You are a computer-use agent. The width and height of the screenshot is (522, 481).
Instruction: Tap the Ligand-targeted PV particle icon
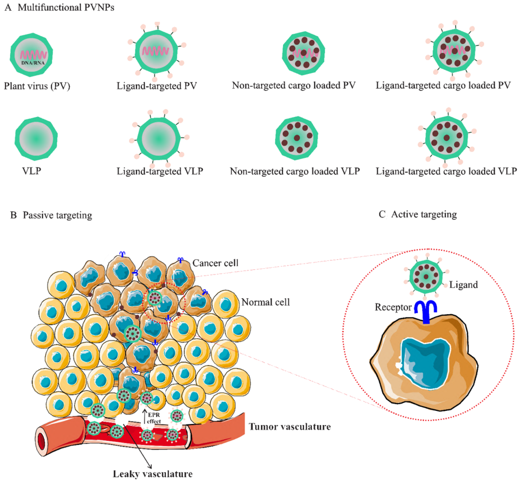pyautogui.click(x=156, y=51)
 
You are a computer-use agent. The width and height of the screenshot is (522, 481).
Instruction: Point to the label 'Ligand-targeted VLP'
pyautogui.click(x=160, y=171)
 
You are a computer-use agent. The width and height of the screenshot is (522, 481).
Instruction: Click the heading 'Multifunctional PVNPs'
pyautogui.click(x=66, y=8)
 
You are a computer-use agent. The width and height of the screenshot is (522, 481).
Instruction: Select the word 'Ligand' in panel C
pyautogui.click(x=463, y=285)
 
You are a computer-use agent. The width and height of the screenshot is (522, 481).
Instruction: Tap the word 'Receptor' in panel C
pyautogui.click(x=393, y=307)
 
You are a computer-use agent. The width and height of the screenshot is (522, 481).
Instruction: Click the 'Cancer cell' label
pyautogui.click(x=215, y=263)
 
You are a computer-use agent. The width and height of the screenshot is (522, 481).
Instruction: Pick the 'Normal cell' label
pyautogui.click(x=265, y=302)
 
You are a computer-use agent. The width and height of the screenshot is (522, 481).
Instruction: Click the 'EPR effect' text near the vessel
pyautogui.click(x=154, y=418)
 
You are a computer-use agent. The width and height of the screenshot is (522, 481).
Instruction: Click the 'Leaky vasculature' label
pyautogui.click(x=153, y=474)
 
